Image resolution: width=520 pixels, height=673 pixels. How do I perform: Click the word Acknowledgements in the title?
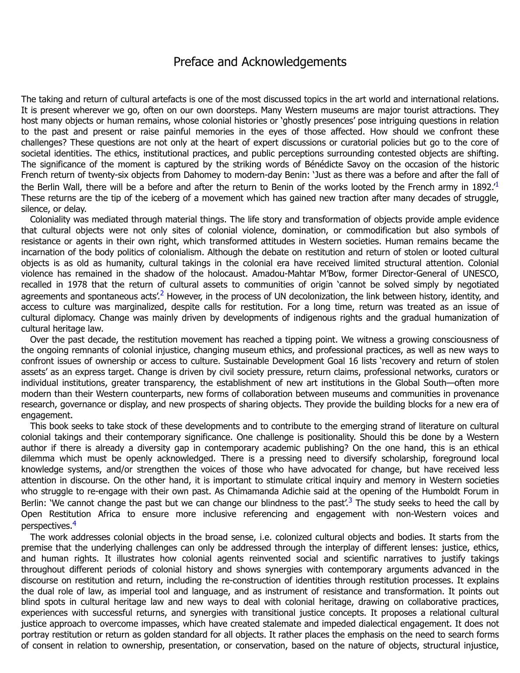click(x=294, y=62)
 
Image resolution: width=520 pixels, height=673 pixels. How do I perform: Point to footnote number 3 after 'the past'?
click(x=350, y=500)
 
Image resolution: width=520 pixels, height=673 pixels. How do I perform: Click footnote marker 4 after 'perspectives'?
click(x=75, y=523)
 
